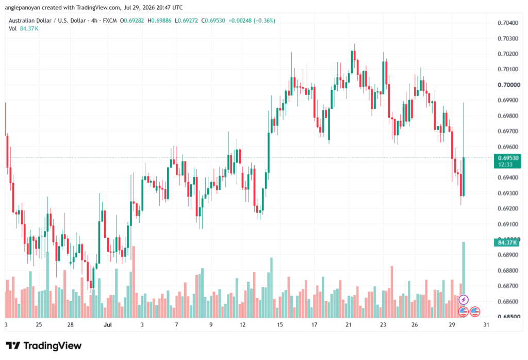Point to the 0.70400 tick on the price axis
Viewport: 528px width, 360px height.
(508, 23)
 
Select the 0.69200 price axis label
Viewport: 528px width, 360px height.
(508, 208)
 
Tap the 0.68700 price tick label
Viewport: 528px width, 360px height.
(508, 286)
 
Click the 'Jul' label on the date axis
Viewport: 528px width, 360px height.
(108, 324)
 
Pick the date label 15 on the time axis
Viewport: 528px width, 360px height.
(280, 324)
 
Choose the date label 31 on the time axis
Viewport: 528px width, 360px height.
(486, 324)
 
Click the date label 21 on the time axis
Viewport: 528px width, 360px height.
(349, 324)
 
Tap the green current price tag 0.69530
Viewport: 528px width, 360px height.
(507, 161)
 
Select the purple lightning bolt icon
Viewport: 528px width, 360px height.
(464, 299)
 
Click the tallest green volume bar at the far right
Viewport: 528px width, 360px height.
(464, 280)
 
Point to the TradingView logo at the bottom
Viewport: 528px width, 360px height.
(44, 346)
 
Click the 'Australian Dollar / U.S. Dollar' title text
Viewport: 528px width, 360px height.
(47, 21)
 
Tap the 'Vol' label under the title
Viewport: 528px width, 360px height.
(12, 29)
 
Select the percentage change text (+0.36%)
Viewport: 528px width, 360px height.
(265, 21)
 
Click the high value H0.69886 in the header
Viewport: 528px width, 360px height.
(159, 21)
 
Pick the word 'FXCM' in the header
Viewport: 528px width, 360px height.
(110, 21)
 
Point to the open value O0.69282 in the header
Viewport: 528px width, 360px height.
(132, 21)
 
